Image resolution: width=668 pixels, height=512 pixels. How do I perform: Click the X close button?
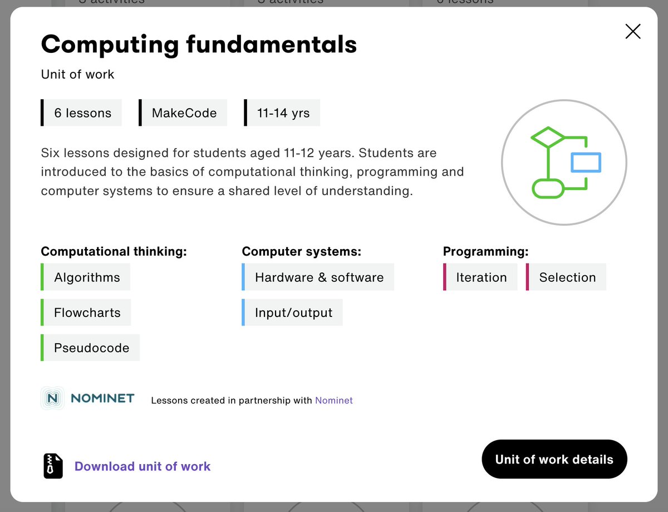pos(633,31)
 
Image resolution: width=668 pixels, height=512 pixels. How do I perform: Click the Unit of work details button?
pos(554,459)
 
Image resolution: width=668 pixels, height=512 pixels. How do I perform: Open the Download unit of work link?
pos(143,466)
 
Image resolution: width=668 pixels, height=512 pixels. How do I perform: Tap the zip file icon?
pos(53,466)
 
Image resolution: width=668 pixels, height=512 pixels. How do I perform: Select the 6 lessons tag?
pos(82,113)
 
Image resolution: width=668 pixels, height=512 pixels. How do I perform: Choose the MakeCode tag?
pos(184,113)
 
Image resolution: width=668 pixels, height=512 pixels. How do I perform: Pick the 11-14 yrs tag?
pos(283,113)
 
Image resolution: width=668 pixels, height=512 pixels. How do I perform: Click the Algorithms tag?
pos(87,277)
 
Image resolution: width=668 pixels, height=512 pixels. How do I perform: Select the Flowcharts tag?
pos(87,313)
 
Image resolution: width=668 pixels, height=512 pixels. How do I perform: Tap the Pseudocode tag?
pos(91,348)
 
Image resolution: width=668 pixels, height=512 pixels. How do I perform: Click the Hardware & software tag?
pos(319,277)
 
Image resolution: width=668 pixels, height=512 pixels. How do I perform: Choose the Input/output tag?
pos(293,313)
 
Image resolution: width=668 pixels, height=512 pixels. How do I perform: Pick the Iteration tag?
pos(481,277)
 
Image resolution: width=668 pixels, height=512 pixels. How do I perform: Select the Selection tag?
pos(567,277)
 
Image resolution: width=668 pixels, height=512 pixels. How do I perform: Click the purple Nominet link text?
pos(334,400)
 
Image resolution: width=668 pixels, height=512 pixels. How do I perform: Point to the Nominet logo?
pos(89,398)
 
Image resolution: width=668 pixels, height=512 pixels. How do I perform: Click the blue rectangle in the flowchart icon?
pos(586,162)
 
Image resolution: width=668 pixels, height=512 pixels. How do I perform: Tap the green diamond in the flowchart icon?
pos(548,136)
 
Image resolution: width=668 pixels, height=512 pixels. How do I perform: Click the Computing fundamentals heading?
pos(199,44)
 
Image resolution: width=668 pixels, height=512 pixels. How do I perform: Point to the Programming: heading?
pos(485,251)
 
